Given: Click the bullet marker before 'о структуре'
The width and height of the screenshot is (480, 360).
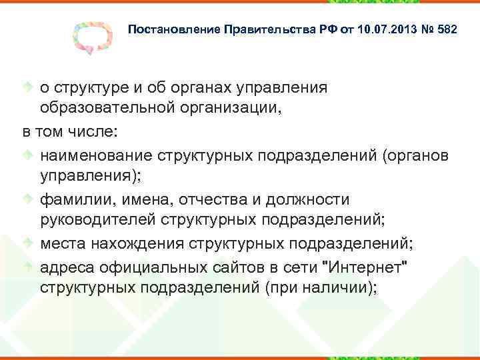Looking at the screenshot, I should pyautogui.click(x=28, y=87).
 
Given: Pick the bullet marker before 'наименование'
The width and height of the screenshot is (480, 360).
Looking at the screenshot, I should pyautogui.click(x=28, y=155).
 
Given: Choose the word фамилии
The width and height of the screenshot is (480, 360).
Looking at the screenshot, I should pyautogui.click(x=75, y=200).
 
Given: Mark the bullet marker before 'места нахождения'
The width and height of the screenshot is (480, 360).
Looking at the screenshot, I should pyautogui.click(x=28, y=244).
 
